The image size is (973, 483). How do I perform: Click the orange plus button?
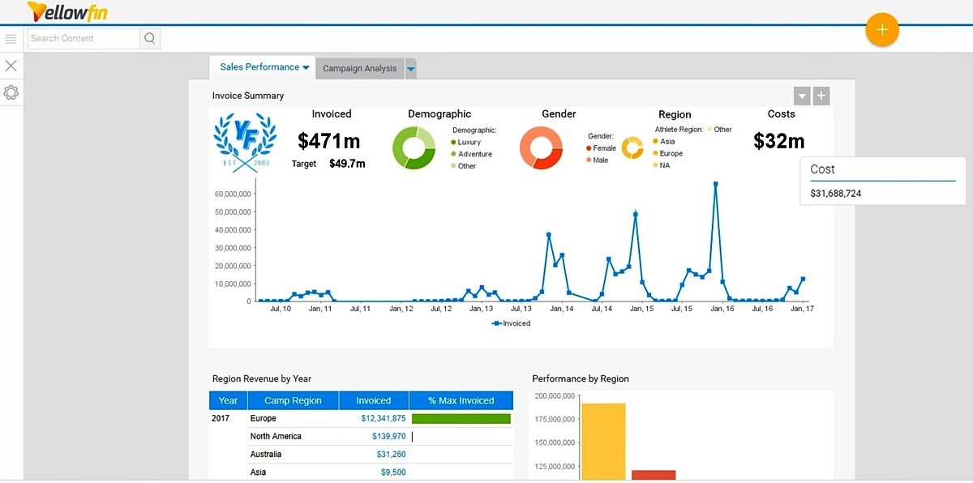tap(882, 30)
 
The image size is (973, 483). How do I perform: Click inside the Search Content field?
tap(84, 38)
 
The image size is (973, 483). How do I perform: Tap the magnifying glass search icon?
tap(150, 38)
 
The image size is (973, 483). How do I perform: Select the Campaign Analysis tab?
tap(359, 69)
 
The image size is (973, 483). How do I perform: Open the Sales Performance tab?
tap(259, 67)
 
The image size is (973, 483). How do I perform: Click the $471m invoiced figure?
tap(328, 142)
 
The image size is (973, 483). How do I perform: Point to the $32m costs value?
tap(778, 141)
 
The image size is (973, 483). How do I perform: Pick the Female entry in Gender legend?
tap(604, 148)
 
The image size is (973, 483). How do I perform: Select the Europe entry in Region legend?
tap(671, 153)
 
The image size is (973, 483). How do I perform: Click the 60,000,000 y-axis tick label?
tap(232, 194)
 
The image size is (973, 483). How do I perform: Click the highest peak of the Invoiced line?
tap(715, 184)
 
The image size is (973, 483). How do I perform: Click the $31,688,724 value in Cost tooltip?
tap(835, 194)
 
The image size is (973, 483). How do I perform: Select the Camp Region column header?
tap(293, 400)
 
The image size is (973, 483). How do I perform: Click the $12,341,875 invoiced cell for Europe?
tap(383, 419)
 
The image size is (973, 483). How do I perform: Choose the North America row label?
tap(275, 437)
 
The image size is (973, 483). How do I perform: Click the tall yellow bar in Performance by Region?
tap(603, 442)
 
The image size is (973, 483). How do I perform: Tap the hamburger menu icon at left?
tap(11, 39)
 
